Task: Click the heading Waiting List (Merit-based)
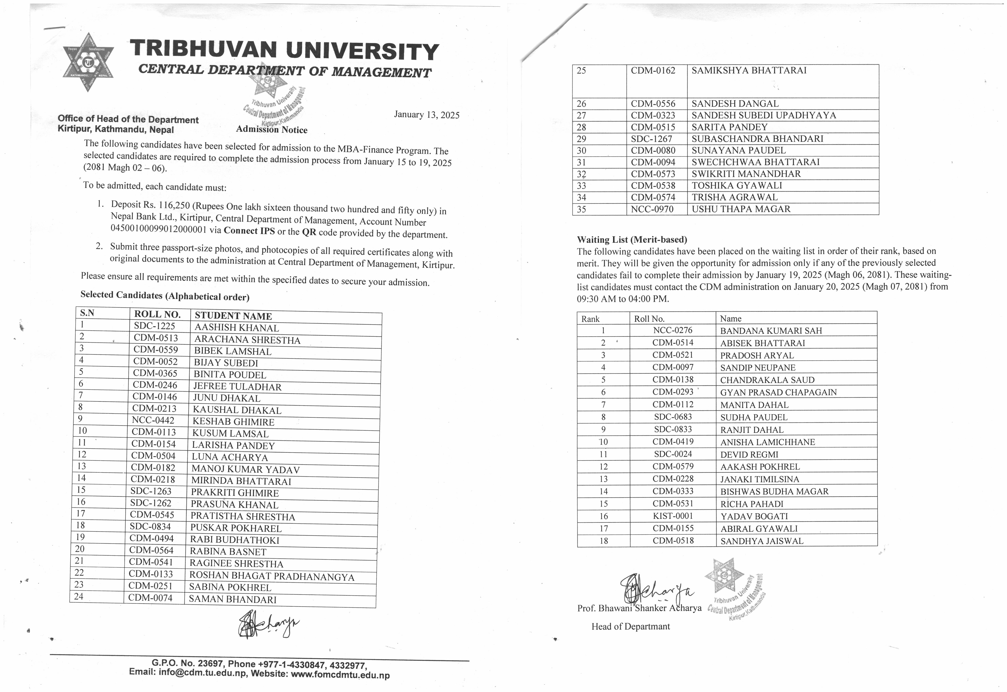click(x=632, y=239)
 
